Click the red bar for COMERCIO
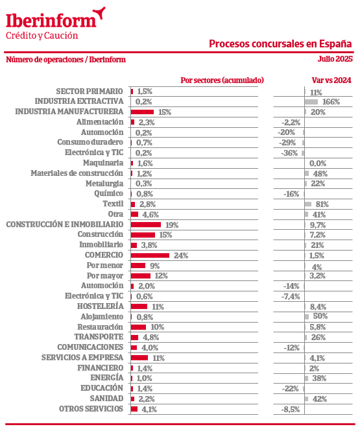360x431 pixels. [x=150, y=255]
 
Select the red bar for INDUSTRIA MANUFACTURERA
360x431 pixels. [x=142, y=112]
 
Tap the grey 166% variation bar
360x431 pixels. [x=311, y=102]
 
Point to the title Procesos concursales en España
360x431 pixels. [x=280, y=44]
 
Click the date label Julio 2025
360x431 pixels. [x=335, y=59]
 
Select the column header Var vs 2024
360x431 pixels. [x=331, y=80]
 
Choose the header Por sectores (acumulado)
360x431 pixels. [x=222, y=80]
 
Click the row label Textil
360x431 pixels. [x=113, y=204]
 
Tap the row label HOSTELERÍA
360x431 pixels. [x=101, y=306]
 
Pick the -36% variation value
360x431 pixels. [x=289, y=153]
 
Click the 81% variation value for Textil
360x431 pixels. [x=322, y=204]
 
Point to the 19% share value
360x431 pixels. [x=172, y=225]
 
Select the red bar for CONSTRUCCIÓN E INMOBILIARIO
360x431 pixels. [x=146, y=225]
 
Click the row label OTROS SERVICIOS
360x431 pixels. [x=91, y=409]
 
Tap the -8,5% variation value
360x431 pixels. [x=291, y=410]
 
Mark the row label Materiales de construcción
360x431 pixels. [x=77, y=173]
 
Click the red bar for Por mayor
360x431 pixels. [x=141, y=276]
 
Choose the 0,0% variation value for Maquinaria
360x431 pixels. [x=318, y=164]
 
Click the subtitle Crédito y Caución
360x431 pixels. [x=42, y=36]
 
